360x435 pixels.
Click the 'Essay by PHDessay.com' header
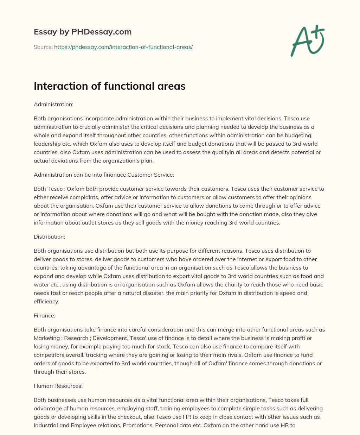pos(83,32)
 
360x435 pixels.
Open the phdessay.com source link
pos(123,47)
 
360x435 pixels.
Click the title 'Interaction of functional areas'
pos(109,86)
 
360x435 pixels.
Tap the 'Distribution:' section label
pos(49,237)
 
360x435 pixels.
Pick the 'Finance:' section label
pos(44,316)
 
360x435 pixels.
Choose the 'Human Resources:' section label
pos(58,386)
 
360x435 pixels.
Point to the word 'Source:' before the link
pos(43,47)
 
